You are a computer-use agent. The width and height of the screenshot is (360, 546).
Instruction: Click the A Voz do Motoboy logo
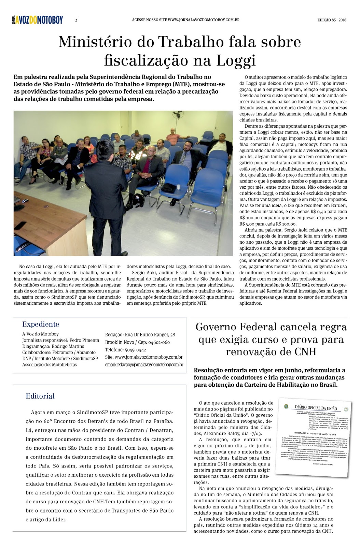(x=37, y=20)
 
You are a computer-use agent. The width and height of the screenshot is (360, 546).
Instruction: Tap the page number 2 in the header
(x=76, y=20)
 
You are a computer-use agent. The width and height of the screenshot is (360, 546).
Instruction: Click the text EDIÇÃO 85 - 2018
(x=332, y=20)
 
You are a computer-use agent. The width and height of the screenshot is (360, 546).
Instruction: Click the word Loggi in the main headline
(x=236, y=60)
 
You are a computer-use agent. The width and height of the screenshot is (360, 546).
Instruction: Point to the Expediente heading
(x=41, y=324)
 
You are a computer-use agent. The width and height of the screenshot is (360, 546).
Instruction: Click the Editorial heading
(x=40, y=396)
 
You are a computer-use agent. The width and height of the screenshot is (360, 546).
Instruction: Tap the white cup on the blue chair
(x=178, y=187)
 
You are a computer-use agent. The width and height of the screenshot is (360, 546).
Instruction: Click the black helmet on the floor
(x=138, y=200)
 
